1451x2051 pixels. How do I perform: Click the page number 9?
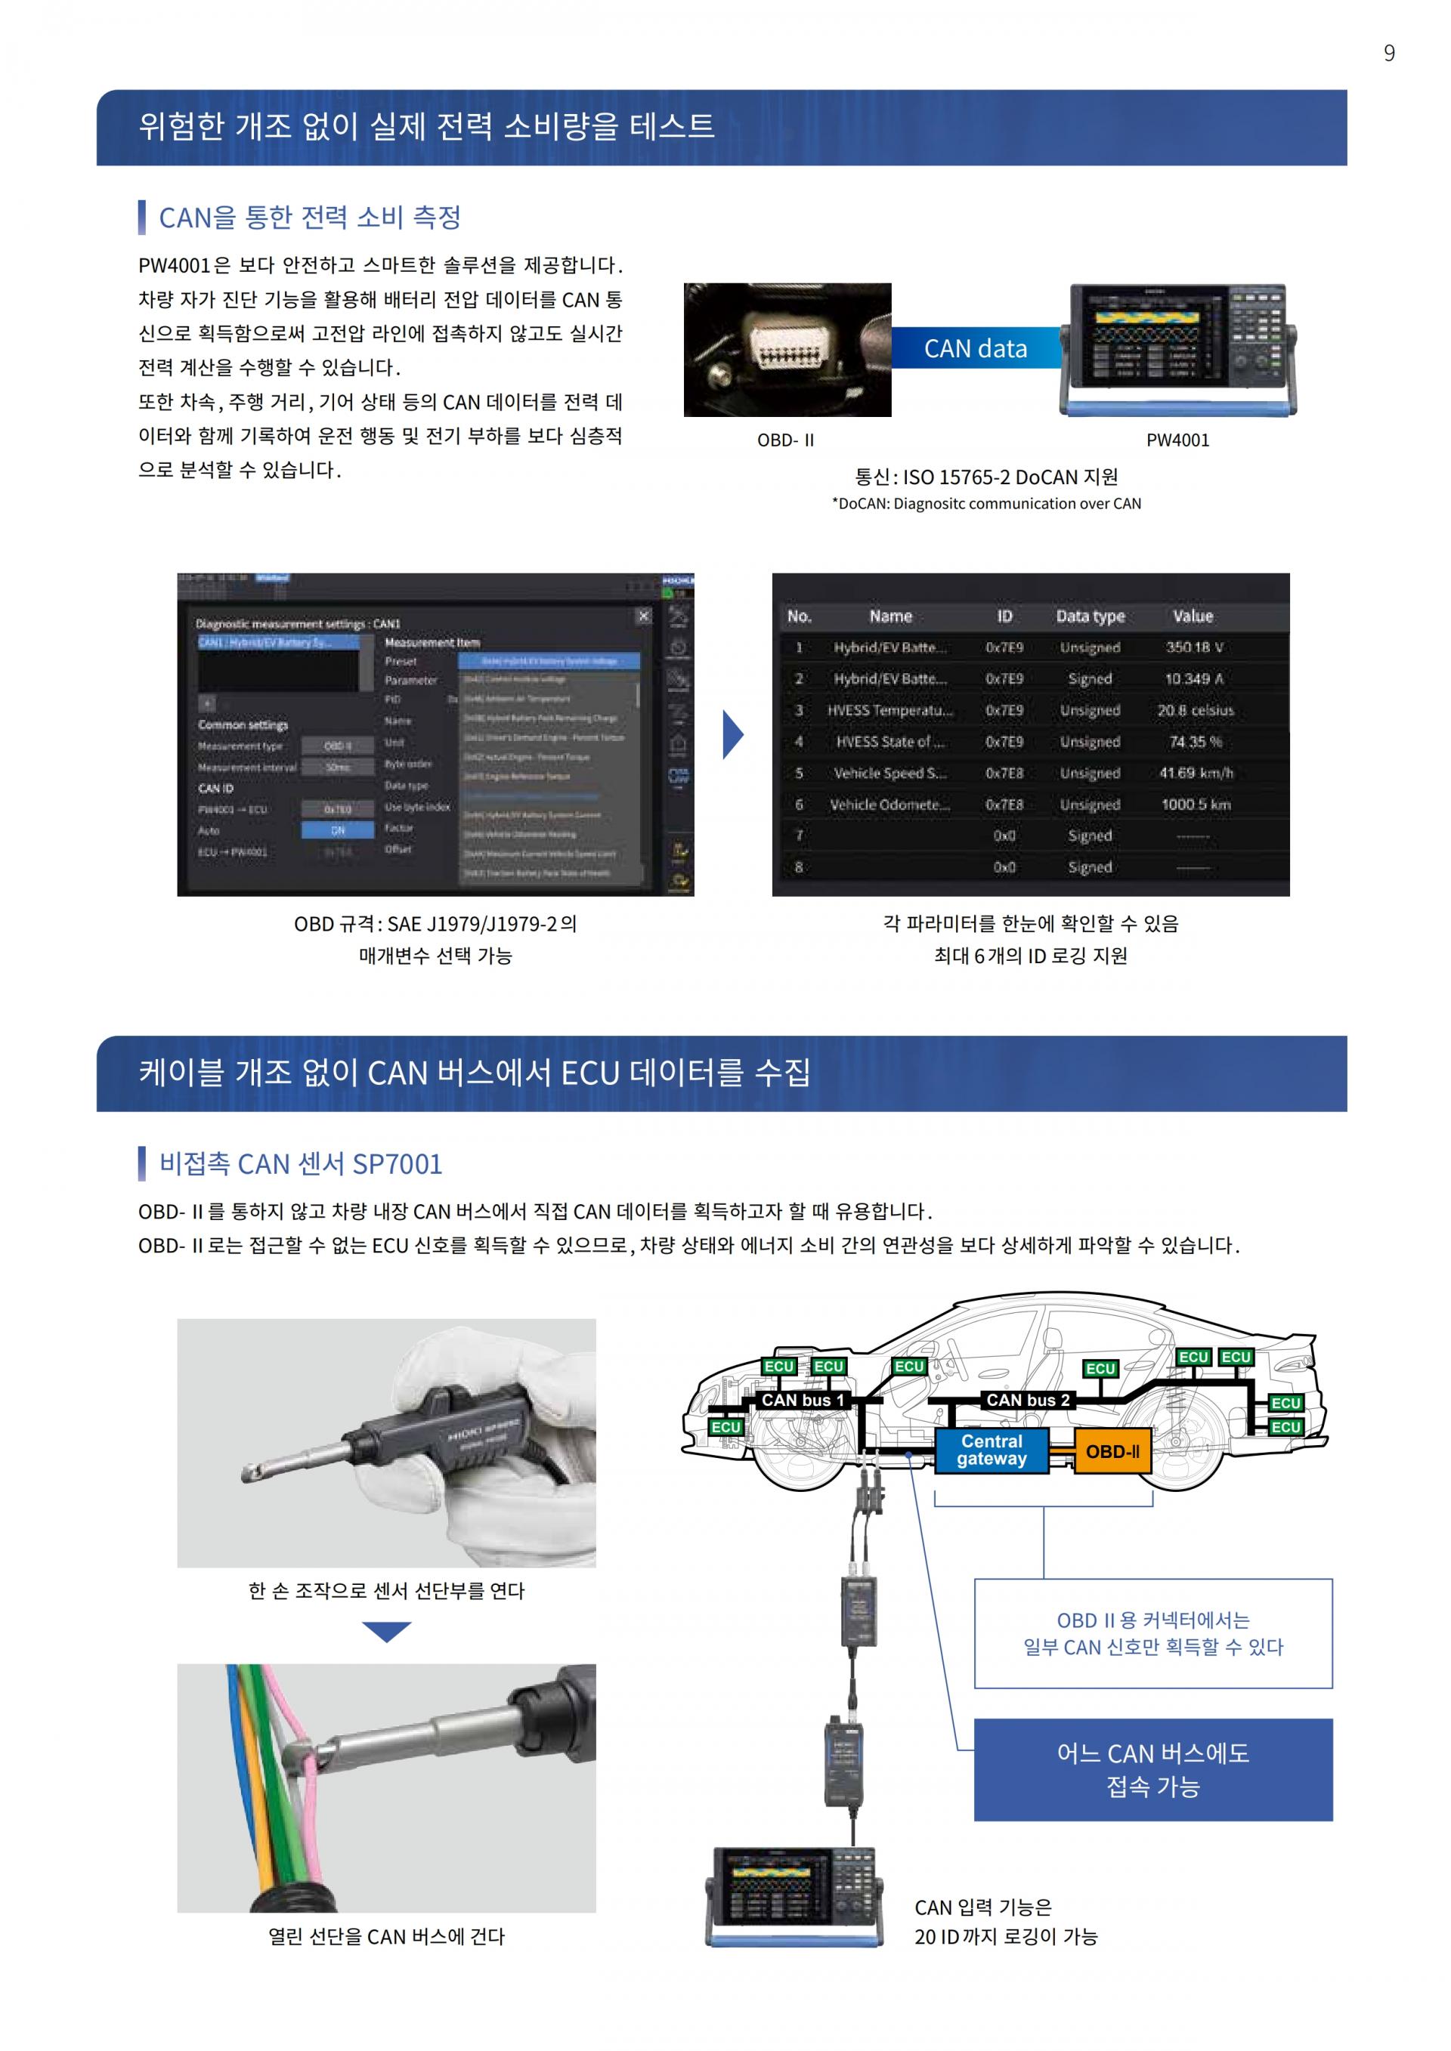pyautogui.click(x=1388, y=54)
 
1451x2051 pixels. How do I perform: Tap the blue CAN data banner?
pyautogui.click(x=976, y=348)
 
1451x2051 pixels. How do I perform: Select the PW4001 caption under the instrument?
pyautogui.click(x=1177, y=440)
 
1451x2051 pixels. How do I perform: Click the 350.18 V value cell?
pyautogui.click(x=1194, y=647)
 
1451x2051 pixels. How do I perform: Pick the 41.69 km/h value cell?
pyautogui.click(x=1196, y=773)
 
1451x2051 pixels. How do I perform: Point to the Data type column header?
pyautogui.click(x=1090, y=616)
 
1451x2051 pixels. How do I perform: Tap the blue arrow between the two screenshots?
pyautogui.click(x=732, y=734)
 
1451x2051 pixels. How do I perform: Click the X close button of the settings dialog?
pyautogui.click(x=643, y=616)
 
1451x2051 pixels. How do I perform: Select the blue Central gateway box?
pyautogui.click(x=992, y=1450)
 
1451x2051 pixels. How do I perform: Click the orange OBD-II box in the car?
pyautogui.click(x=1112, y=1452)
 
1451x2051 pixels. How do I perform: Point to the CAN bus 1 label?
pyautogui.click(x=803, y=1400)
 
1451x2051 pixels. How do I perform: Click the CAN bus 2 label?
pyautogui.click(x=1028, y=1400)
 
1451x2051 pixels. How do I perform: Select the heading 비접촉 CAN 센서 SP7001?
pyautogui.click(x=300, y=1164)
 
